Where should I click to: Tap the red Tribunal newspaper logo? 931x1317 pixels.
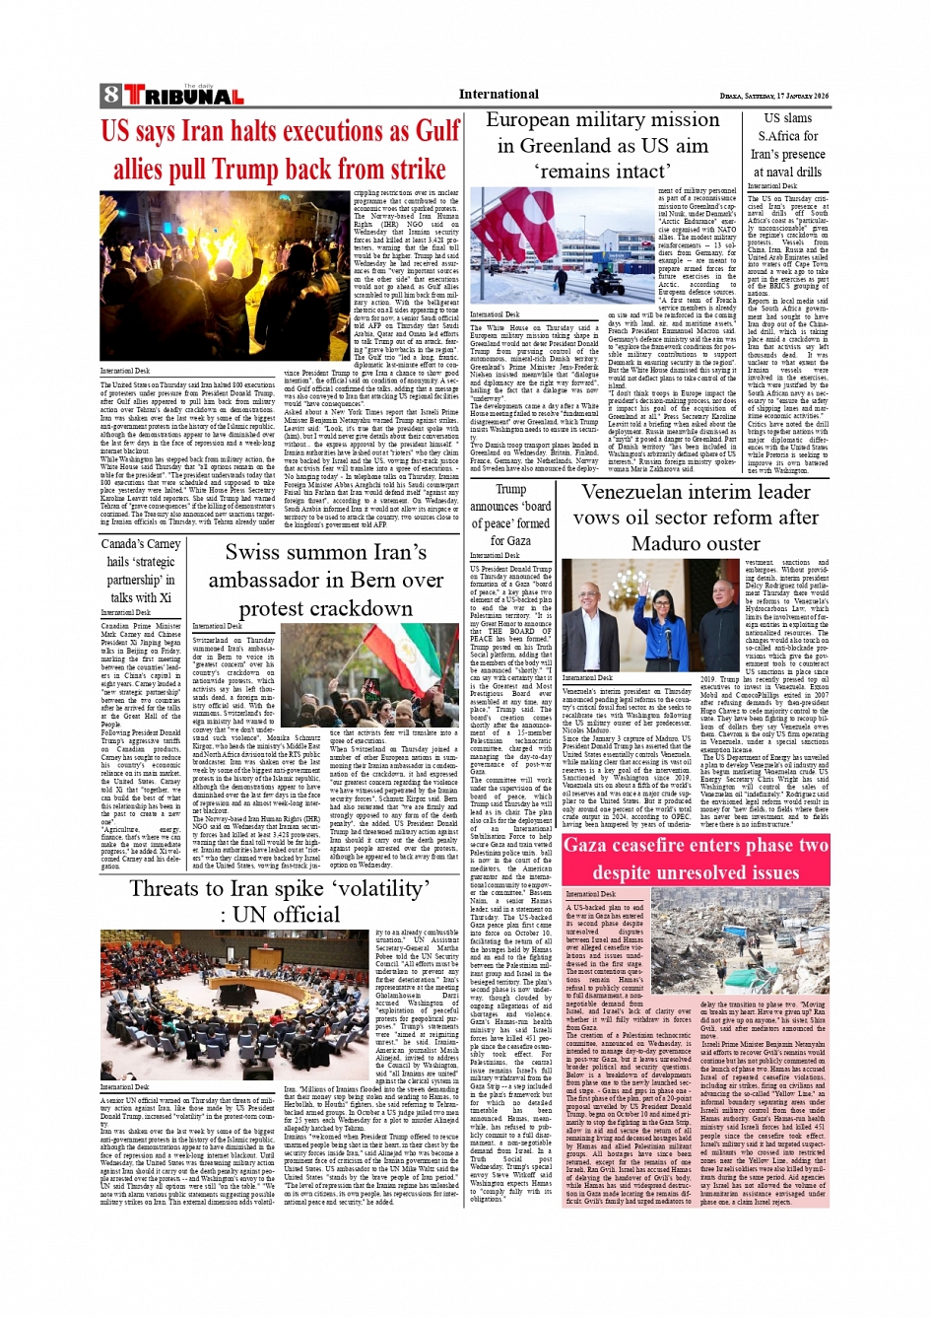click(183, 96)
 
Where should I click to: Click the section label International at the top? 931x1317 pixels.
click(499, 95)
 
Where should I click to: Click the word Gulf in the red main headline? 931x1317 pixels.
click(437, 131)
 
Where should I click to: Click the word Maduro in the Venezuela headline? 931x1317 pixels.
click(666, 543)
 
